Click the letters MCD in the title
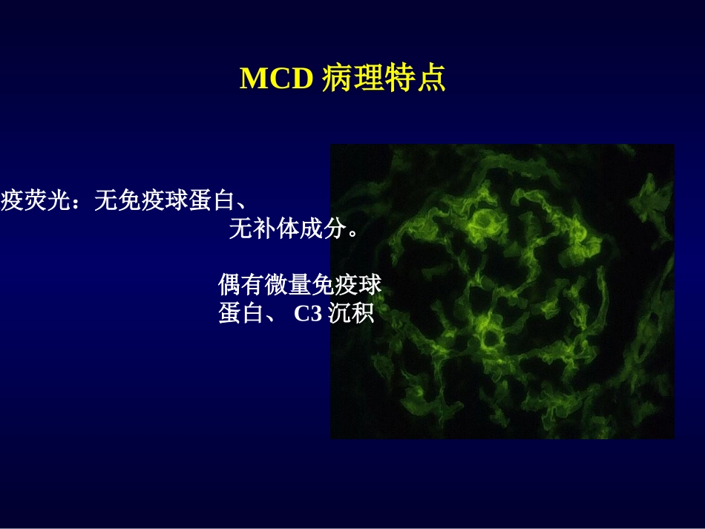pyautogui.click(x=276, y=79)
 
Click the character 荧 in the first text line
pyautogui.click(x=36, y=201)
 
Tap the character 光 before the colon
pyautogui.click(x=60, y=201)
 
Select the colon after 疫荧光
pyautogui.click(x=81, y=201)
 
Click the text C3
pyautogui.click(x=307, y=314)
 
